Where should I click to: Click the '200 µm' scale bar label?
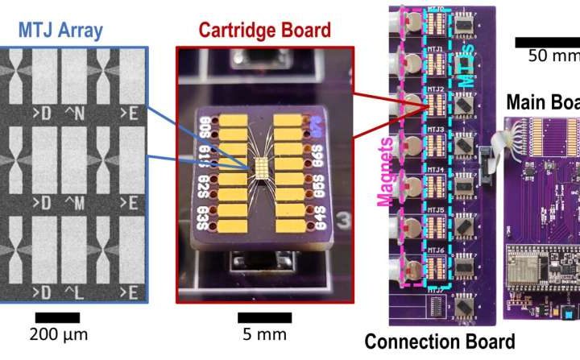click(x=59, y=333)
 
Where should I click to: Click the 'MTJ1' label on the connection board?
click(x=435, y=48)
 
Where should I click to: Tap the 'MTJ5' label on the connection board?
click(x=435, y=210)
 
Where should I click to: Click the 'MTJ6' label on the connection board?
click(x=435, y=250)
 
